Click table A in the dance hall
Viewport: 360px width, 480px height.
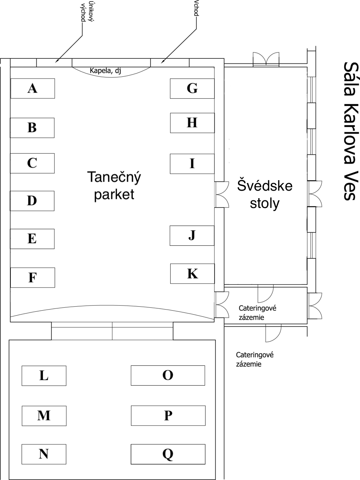click(32, 88)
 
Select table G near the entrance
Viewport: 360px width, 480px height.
click(192, 88)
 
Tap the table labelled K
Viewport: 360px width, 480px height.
click(192, 274)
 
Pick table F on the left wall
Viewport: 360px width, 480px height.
click(32, 277)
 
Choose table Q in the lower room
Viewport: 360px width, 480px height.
click(168, 454)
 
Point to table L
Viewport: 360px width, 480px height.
click(44, 376)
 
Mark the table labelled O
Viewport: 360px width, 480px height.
click(168, 375)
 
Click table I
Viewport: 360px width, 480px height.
click(192, 164)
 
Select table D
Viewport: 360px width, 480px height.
click(32, 201)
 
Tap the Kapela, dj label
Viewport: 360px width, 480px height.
click(105, 71)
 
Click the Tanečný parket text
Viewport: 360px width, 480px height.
click(114, 186)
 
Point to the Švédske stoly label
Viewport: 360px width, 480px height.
click(265, 195)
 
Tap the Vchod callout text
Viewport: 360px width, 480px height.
click(196, 8)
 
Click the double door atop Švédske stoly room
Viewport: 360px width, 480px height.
click(266, 60)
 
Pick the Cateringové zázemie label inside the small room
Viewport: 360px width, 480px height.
click(257, 313)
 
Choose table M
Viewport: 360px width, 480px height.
click(44, 415)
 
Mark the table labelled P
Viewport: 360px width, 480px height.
click(168, 415)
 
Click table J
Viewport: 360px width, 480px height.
click(192, 236)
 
